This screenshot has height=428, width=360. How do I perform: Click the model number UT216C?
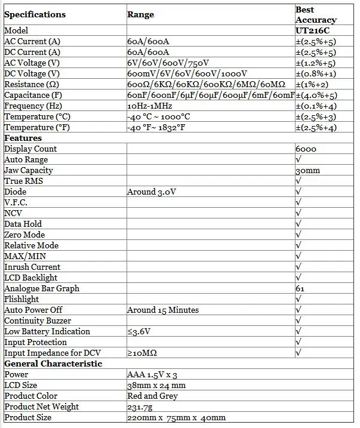312,30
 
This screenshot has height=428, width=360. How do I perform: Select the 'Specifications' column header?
35,14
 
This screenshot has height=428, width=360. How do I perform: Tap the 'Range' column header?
141,14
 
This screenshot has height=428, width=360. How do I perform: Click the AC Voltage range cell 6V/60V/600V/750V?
168,63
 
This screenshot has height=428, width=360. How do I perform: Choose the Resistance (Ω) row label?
32,84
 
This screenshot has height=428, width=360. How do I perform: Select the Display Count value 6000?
306,149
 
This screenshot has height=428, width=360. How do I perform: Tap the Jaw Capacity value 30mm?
307,170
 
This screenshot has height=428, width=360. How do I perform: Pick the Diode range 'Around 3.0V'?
152,192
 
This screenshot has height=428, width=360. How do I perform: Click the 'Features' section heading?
23,138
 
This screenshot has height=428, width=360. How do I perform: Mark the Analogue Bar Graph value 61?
300,288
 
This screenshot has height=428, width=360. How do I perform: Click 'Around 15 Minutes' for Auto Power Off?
163,310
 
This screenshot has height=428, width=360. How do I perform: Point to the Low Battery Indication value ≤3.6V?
140,331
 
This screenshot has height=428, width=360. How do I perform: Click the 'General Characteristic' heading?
53,364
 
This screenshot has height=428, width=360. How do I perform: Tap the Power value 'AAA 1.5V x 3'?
153,374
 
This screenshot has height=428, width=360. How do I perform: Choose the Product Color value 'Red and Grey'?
152,396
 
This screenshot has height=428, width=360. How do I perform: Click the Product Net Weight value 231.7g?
141,407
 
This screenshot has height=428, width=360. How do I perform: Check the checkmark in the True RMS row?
299,181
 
